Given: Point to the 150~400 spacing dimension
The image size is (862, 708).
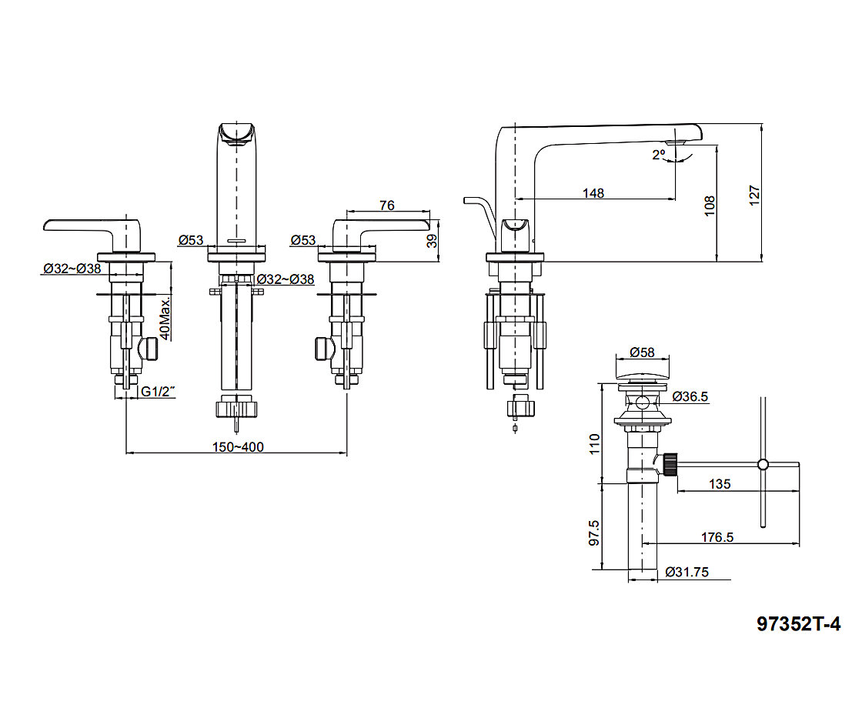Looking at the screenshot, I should coord(237,447).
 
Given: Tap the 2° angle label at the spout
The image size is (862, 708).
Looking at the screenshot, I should coord(658,155).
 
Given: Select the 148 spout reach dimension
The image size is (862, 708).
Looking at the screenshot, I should coord(593,192).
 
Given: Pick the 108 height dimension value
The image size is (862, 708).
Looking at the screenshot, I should coord(710,204).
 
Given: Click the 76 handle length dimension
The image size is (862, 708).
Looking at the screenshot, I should coord(387,205).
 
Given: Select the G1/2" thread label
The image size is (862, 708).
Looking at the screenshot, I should coord(158,392).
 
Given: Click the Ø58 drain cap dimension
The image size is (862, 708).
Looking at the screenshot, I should coord(641,352).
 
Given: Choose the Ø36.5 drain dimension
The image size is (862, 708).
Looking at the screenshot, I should coord(690,396).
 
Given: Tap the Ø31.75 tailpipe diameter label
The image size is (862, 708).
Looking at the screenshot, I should coord(687,572).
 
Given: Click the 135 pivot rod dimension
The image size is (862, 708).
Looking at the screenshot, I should coord(719,484).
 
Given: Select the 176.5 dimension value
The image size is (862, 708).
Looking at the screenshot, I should coord(717,537).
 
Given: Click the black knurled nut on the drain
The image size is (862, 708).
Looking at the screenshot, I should coord(670,463).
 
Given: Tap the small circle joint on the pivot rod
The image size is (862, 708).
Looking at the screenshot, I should coord(763,464).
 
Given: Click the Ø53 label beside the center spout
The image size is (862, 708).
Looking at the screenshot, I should coord(191,240).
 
